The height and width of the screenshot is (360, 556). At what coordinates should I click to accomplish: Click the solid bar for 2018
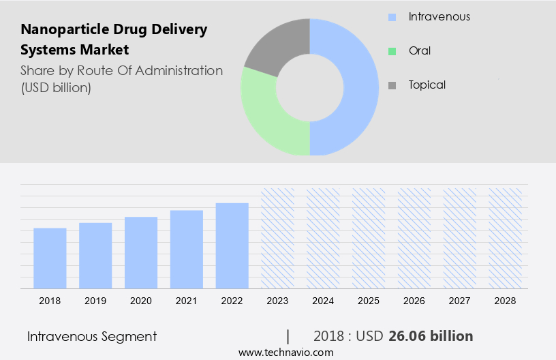click(x=50, y=258)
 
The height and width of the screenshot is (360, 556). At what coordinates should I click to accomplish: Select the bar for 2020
click(x=141, y=253)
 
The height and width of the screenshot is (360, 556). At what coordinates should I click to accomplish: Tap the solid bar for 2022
click(x=232, y=246)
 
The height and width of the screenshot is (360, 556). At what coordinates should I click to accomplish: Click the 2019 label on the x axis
click(x=95, y=301)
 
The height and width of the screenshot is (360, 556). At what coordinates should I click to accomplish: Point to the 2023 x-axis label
click(x=277, y=301)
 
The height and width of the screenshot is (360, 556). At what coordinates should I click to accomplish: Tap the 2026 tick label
click(x=414, y=301)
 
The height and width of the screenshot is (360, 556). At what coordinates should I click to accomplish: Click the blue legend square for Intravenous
click(x=392, y=17)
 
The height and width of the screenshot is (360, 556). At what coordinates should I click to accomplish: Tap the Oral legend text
click(x=420, y=50)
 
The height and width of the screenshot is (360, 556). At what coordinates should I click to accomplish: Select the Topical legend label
click(x=427, y=85)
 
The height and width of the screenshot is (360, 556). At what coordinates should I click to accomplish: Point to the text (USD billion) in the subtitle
click(x=56, y=88)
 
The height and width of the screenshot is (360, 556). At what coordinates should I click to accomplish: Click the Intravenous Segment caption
click(x=92, y=336)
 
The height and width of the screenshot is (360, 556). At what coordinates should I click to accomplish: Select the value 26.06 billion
click(x=431, y=336)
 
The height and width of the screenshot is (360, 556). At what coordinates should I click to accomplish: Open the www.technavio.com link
click(x=285, y=352)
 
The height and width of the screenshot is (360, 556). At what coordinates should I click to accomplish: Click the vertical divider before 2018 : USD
click(x=288, y=336)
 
